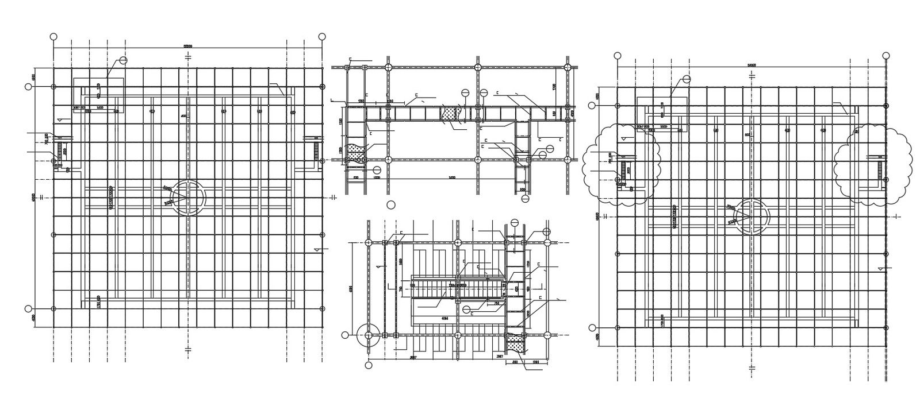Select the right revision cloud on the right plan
(x=873, y=165)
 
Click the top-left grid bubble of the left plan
(x=53, y=36)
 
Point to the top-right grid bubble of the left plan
(x=322, y=36)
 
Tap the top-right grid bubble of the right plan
(x=886, y=55)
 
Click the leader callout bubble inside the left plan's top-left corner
(x=123, y=60)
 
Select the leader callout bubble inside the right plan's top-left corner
(x=687, y=79)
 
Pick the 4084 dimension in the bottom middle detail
(x=444, y=318)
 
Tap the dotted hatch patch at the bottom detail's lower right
(x=515, y=346)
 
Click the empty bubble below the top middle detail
(x=391, y=204)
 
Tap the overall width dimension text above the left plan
(x=187, y=46)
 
